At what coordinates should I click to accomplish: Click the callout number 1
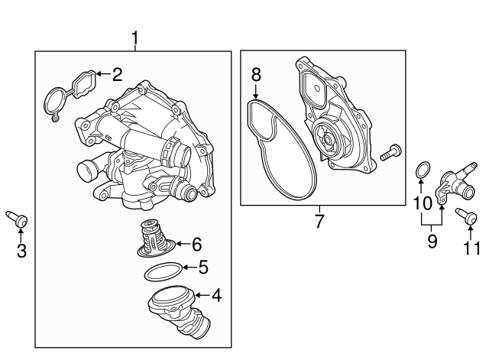coord(135,37)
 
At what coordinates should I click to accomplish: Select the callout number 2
coord(117,74)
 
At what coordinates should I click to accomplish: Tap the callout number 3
coord(21,250)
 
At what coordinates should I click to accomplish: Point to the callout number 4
coord(216,294)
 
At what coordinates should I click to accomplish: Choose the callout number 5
coord(202,268)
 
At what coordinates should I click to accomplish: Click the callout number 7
coord(319,222)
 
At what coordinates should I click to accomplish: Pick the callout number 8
coord(257,75)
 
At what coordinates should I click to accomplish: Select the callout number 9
coord(432,242)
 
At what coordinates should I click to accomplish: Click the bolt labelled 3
coord(21,221)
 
